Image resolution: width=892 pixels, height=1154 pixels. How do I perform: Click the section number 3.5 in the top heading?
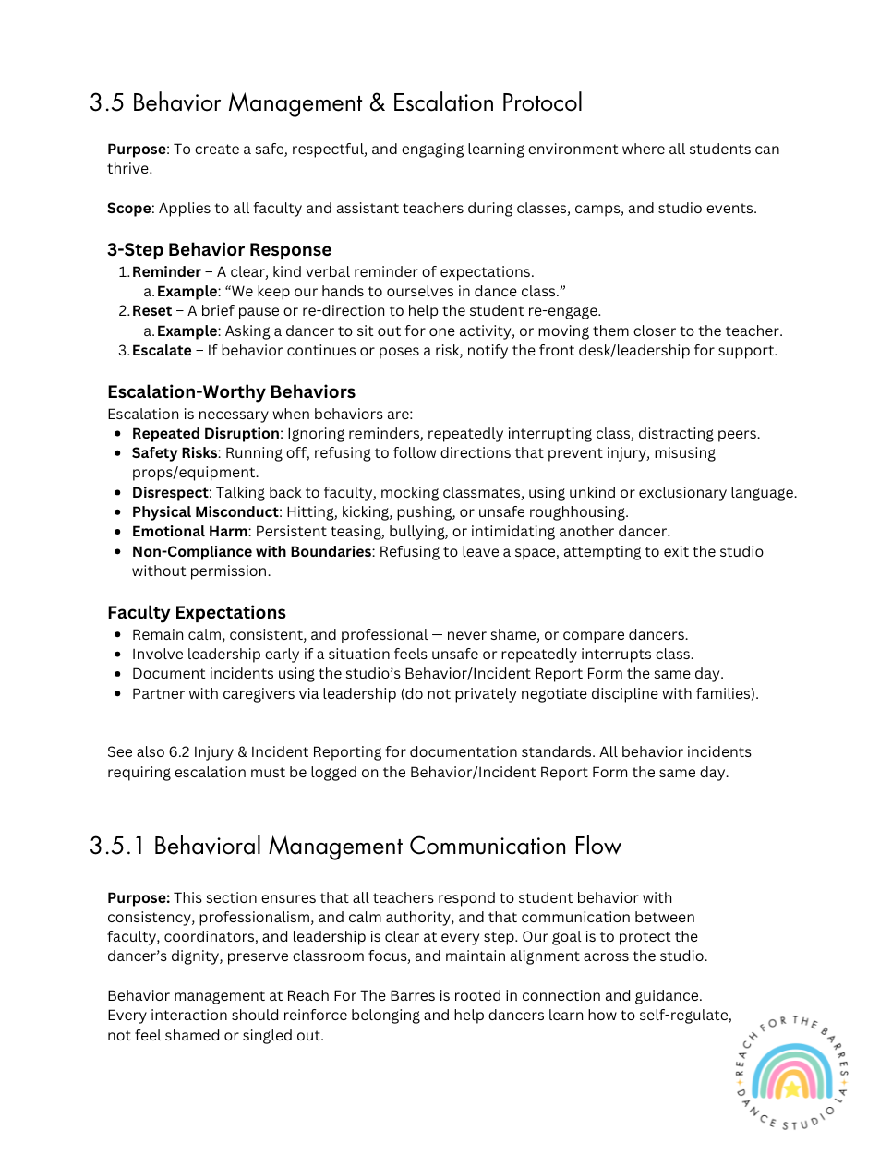click(x=106, y=102)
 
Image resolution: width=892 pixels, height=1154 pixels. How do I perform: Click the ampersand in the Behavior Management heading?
click(x=377, y=102)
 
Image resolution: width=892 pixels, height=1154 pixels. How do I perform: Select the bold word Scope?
click(x=128, y=208)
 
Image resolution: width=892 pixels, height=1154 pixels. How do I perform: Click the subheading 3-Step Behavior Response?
click(x=219, y=249)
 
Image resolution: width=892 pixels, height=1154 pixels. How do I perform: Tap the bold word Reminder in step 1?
click(x=166, y=271)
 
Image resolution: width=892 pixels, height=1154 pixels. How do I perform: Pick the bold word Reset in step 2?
click(x=151, y=310)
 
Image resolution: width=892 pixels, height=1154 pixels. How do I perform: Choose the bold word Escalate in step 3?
click(x=162, y=350)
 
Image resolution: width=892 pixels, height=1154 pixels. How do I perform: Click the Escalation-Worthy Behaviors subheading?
click(x=231, y=391)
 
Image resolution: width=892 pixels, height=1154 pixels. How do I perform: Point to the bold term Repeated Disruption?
click(x=205, y=433)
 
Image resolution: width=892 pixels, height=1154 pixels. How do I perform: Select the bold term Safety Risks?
click(x=175, y=452)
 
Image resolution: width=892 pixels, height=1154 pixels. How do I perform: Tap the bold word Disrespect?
click(x=170, y=492)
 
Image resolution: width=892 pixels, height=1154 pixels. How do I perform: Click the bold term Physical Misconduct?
click(x=205, y=511)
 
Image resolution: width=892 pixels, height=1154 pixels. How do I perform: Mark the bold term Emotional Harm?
click(x=189, y=531)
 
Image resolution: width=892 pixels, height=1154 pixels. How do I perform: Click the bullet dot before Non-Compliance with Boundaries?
click(x=118, y=552)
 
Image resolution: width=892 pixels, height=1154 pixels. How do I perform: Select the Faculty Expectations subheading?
click(x=197, y=612)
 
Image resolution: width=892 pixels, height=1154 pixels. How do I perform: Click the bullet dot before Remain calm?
click(x=118, y=635)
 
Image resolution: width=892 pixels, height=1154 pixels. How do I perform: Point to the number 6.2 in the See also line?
click(x=179, y=751)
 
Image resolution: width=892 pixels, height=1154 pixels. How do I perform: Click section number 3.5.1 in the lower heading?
click(x=116, y=846)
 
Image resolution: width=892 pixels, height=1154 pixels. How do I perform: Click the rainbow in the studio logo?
click(x=791, y=1071)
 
